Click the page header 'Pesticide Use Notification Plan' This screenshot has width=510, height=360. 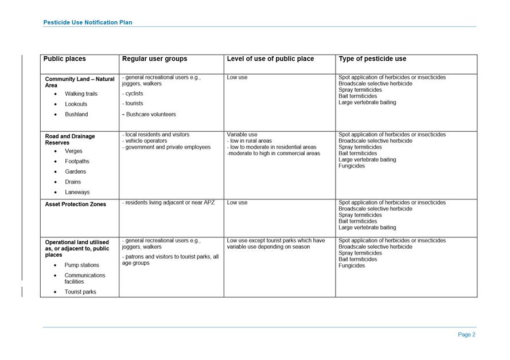88,22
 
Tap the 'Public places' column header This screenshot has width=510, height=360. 65,59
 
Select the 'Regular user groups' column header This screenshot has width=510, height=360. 154,59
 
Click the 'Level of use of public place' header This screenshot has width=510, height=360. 270,59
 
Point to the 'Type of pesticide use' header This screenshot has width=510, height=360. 372,59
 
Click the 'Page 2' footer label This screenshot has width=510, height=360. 466,335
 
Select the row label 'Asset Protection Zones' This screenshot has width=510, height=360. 76,204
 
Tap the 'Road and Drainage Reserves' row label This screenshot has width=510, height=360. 70,139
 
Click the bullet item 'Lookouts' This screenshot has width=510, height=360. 76,104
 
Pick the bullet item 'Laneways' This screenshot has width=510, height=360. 77,193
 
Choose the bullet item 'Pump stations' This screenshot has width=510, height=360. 82,265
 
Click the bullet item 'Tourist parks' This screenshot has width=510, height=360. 80,292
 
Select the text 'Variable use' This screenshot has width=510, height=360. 242,135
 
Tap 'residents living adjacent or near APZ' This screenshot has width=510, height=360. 170,202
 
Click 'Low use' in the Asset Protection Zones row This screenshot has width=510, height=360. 237,202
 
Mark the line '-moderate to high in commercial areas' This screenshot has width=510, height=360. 273,154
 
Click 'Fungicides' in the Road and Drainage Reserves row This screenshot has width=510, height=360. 352,166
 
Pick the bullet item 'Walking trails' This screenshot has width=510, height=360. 81,94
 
